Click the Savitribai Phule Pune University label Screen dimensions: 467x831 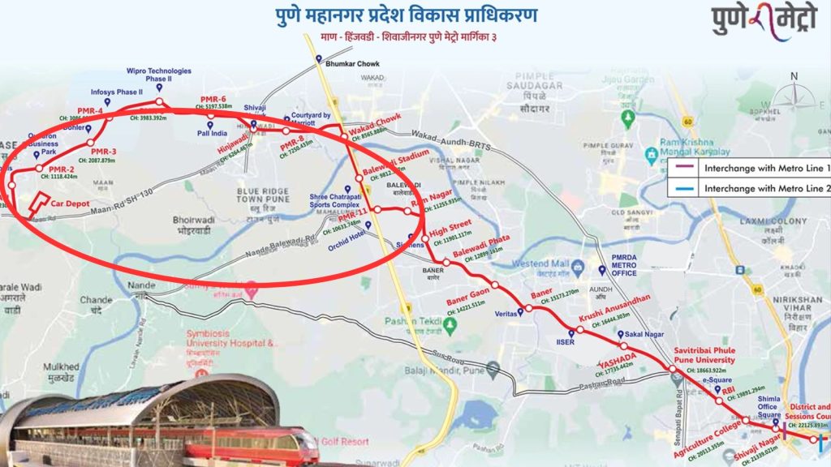click(704, 355)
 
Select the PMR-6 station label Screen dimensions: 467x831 click(213, 99)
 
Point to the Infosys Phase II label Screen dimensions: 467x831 click(121, 92)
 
